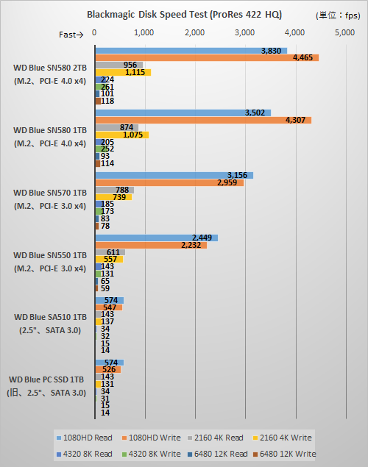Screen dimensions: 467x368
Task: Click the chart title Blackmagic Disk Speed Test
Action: [x=184, y=14]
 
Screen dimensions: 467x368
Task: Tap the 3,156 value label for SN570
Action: [x=237, y=175]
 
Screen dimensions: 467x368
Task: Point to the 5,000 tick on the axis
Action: [x=344, y=33]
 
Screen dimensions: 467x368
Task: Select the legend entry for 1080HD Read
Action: [x=83, y=438]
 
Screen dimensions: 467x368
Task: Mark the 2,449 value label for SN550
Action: [x=202, y=238]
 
